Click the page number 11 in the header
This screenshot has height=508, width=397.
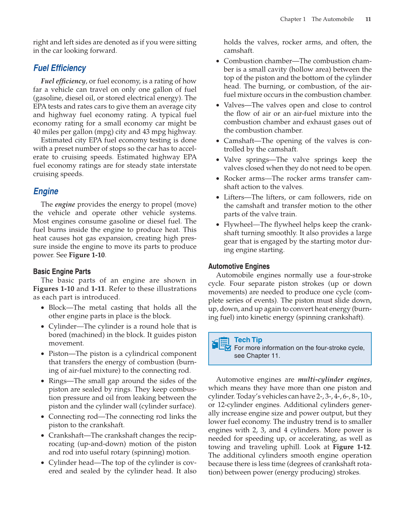[368, 19]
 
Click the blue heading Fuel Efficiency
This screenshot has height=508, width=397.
[59, 68]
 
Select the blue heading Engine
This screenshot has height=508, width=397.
[46, 191]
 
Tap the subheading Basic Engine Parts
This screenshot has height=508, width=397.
[62, 271]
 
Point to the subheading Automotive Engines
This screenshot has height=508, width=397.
[239, 266]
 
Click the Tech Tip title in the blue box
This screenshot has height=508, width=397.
[248, 340]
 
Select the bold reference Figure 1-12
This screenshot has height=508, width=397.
[352, 447]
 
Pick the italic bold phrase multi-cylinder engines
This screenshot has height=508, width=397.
[334, 380]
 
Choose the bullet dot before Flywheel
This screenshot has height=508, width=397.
[217, 225]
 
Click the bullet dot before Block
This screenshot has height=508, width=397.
[42, 308]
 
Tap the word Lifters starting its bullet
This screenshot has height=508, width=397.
[235, 197]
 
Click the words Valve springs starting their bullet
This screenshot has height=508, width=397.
[246, 160]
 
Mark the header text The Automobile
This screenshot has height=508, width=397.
[332, 19]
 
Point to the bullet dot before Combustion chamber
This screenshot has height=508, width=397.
[217, 61]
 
